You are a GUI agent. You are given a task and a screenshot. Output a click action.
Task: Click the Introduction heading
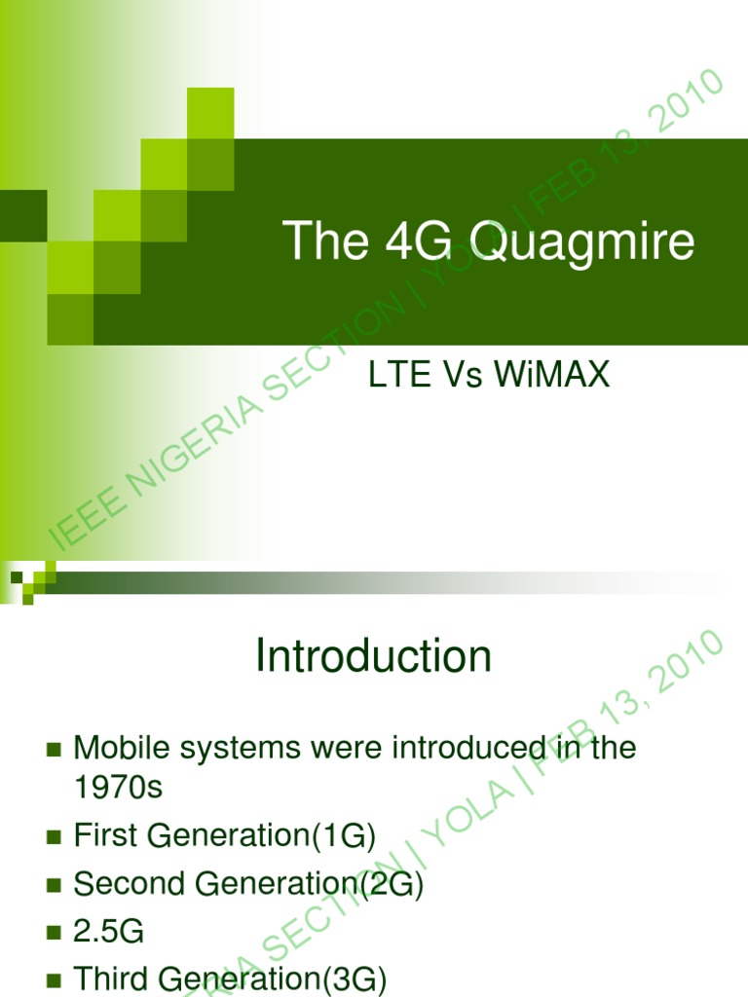[374, 657]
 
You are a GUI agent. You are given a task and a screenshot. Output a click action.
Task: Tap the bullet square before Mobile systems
[54, 750]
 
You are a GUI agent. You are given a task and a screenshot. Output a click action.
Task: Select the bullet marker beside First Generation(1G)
[54, 836]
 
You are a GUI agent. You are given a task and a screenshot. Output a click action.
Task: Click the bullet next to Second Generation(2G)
[54, 885]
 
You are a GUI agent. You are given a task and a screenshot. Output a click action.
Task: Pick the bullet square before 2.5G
[54, 933]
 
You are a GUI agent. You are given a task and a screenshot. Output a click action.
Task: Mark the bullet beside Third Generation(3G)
[54, 979]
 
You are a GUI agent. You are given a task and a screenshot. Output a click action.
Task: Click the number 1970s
[119, 787]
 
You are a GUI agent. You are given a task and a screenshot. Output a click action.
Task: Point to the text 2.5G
[109, 932]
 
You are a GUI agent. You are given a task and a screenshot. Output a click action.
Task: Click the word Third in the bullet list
[110, 979]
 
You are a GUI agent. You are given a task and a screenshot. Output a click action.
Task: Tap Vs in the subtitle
[465, 377]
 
